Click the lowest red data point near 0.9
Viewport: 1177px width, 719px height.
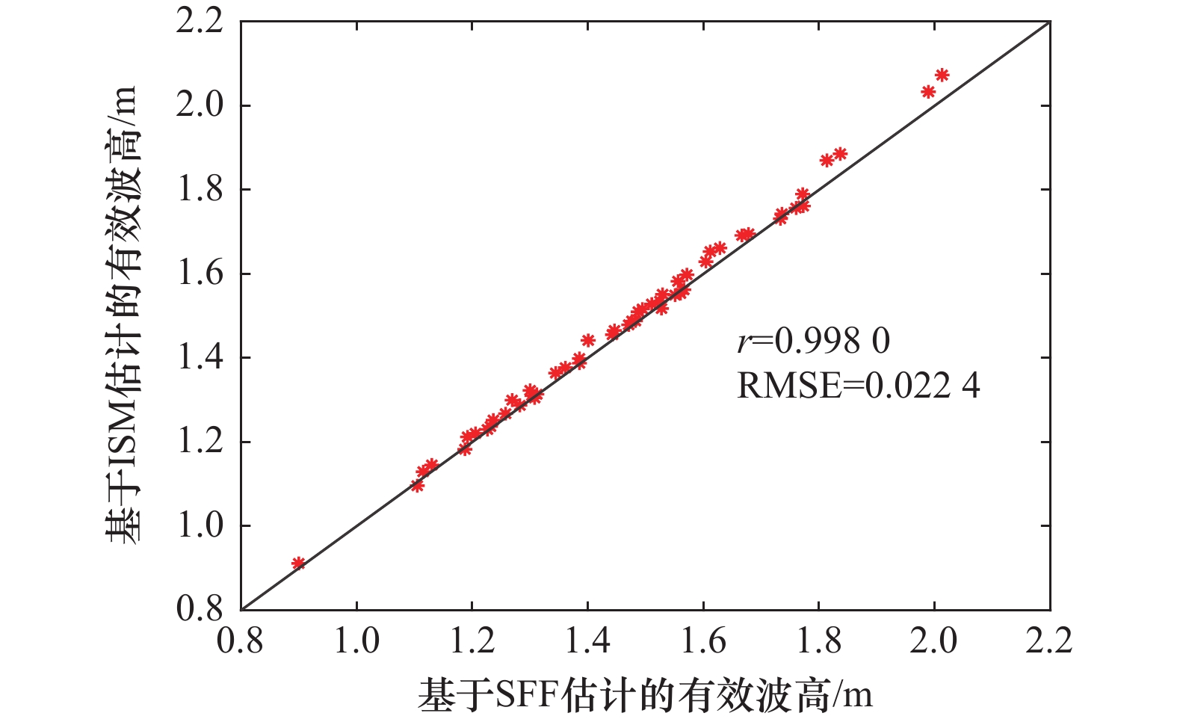pyautogui.click(x=298, y=563)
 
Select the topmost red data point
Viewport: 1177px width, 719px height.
pyautogui.click(x=942, y=75)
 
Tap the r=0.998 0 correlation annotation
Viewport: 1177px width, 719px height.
pyautogui.click(x=814, y=341)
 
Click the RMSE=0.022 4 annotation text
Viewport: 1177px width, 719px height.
pyautogui.click(x=858, y=386)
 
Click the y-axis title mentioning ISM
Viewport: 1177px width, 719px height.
pyautogui.click(x=122, y=314)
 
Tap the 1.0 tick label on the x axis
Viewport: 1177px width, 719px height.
pyautogui.click(x=356, y=641)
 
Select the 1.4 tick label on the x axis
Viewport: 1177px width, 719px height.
pyautogui.click(x=587, y=641)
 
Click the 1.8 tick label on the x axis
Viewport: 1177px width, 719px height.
pyautogui.click(x=818, y=641)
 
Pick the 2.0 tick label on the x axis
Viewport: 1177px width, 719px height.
pyautogui.click(x=933, y=641)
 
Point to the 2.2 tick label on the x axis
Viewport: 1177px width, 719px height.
pyautogui.click(x=1048, y=641)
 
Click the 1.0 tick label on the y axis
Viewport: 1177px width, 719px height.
pyautogui.click(x=200, y=525)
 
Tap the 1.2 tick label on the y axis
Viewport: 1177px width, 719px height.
pyautogui.click(x=200, y=442)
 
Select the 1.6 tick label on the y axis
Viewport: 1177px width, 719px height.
pyautogui.click(x=200, y=274)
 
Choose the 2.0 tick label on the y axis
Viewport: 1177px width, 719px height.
pyautogui.click(x=200, y=105)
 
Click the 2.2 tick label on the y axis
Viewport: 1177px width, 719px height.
pyautogui.click(x=200, y=22)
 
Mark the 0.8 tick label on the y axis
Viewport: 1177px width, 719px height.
pyautogui.click(x=200, y=609)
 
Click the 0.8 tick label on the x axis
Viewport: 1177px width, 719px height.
pyautogui.click(x=241, y=641)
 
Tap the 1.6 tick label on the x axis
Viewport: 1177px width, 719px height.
pyautogui.click(x=702, y=641)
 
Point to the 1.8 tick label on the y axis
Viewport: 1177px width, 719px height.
pyautogui.click(x=200, y=190)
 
